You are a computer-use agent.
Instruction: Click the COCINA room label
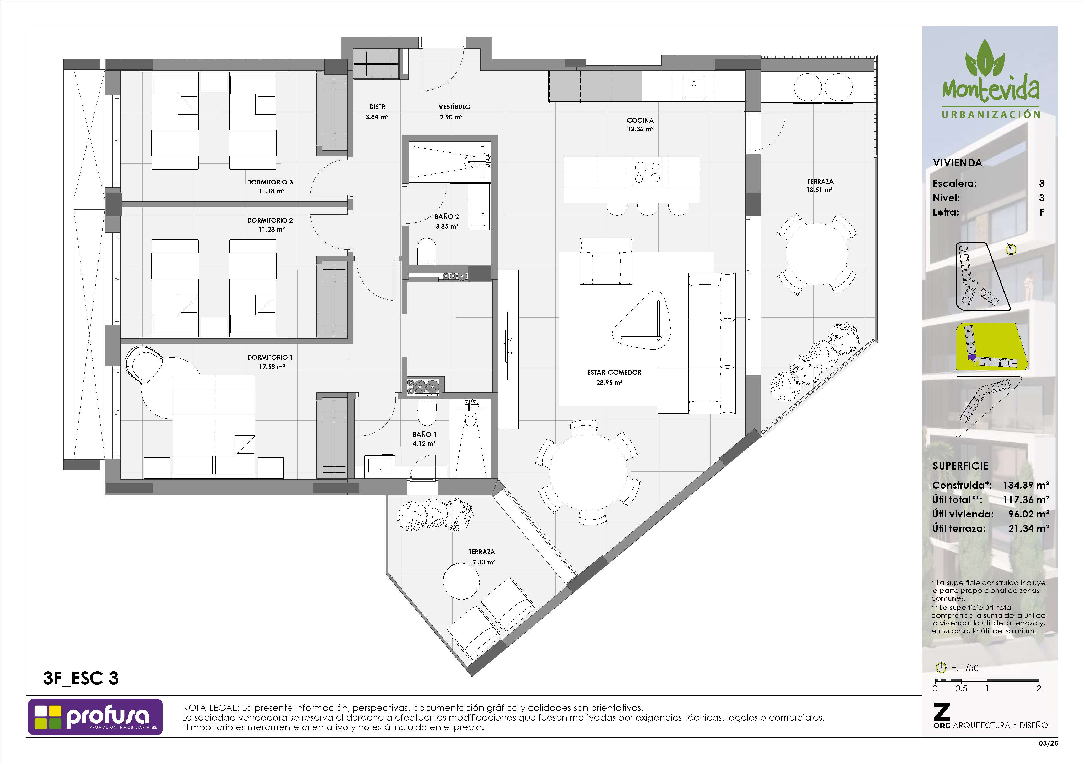[640, 120]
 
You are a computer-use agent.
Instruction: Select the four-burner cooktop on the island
[647, 172]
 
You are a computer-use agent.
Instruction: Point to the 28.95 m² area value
[609, 383]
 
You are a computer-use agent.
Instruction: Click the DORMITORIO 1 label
[270, 358]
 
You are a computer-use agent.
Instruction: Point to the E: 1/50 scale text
[964, 668]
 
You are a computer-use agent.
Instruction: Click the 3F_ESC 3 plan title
[81, 679]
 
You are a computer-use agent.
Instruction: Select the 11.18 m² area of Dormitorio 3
[271, 191]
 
